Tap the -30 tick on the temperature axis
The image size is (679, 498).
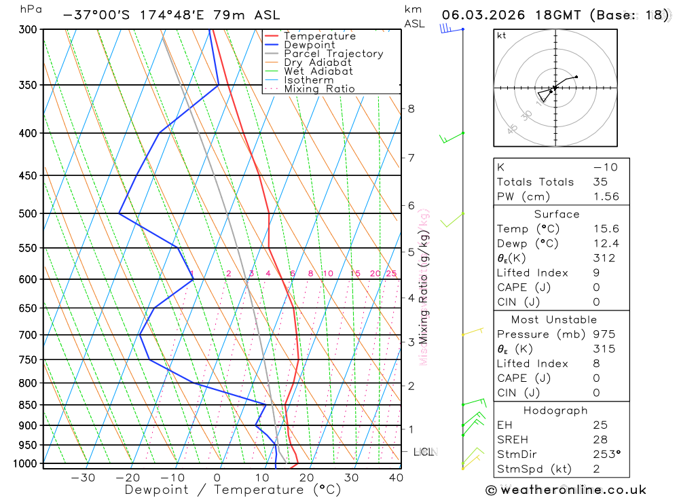click(x=83, y=478)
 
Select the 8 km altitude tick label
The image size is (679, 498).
click(x=411, y=109)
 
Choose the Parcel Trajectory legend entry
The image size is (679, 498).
click(x=333, y=54)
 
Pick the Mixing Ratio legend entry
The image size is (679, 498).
click(x=319, y=89)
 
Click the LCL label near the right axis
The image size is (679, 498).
click(x=424, y=452)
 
